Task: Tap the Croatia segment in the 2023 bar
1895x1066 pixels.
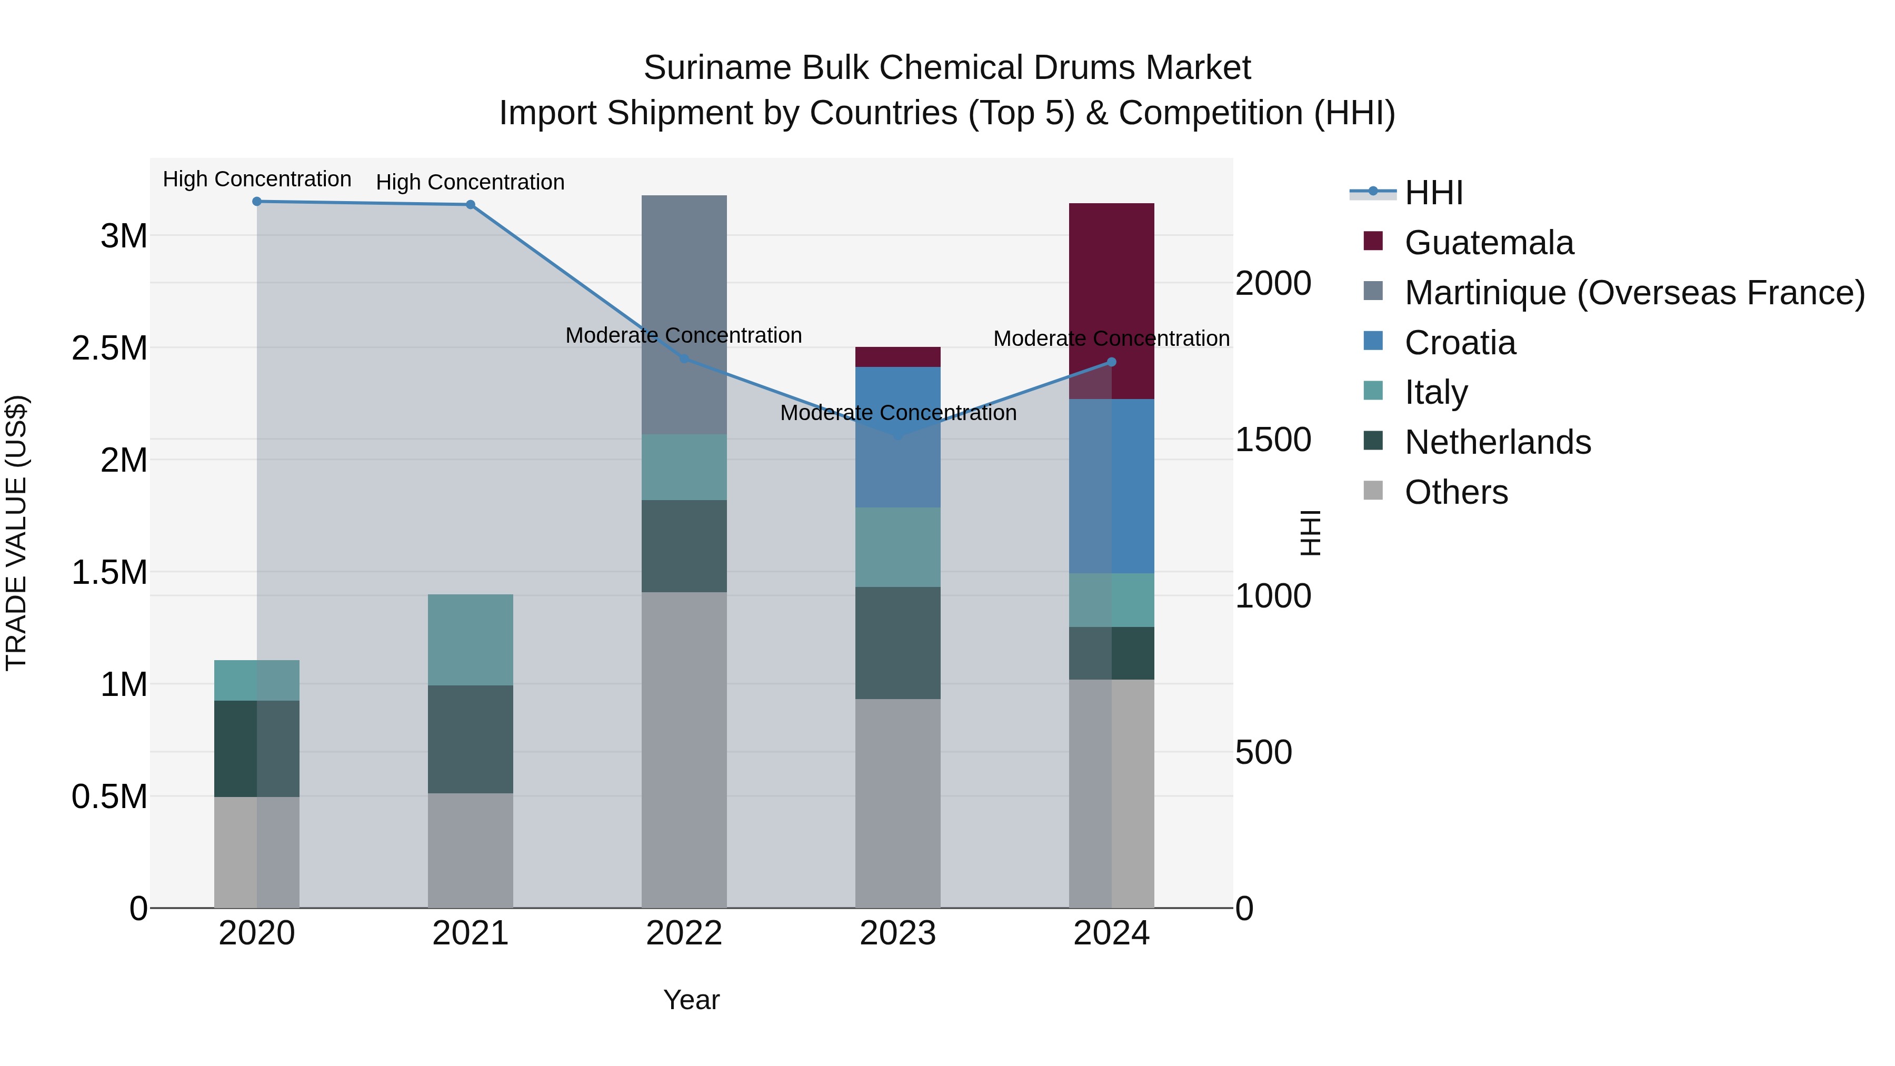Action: pos(897,471)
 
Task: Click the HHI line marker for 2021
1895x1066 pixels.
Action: pos(470,205)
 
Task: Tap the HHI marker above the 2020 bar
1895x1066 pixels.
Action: pos(257,202)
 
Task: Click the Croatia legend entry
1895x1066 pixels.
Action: pos(1460,343)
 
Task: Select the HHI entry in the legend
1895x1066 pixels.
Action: pos(1433,193)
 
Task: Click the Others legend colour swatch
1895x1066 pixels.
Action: pos(1373,491)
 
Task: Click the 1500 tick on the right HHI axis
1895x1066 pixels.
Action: pos(1273,440)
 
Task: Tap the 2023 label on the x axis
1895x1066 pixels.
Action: pos(897,933)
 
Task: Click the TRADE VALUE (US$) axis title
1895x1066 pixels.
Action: pos(17,533)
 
